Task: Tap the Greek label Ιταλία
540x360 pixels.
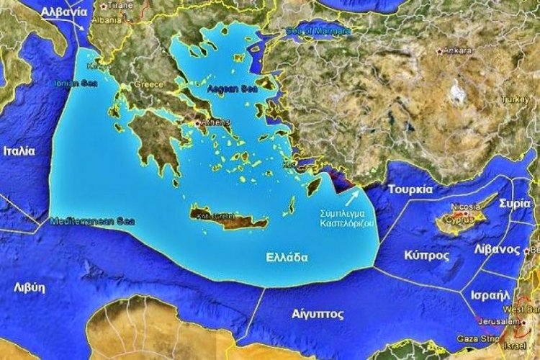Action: coord(19,152)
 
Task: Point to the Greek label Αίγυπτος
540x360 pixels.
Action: coord(318,314)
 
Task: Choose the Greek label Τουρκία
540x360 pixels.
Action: coord(410,189)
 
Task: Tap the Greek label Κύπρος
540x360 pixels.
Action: coord(427,256)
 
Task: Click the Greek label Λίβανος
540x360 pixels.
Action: coord(498,249)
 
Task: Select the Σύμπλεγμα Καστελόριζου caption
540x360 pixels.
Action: coord(345,219)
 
